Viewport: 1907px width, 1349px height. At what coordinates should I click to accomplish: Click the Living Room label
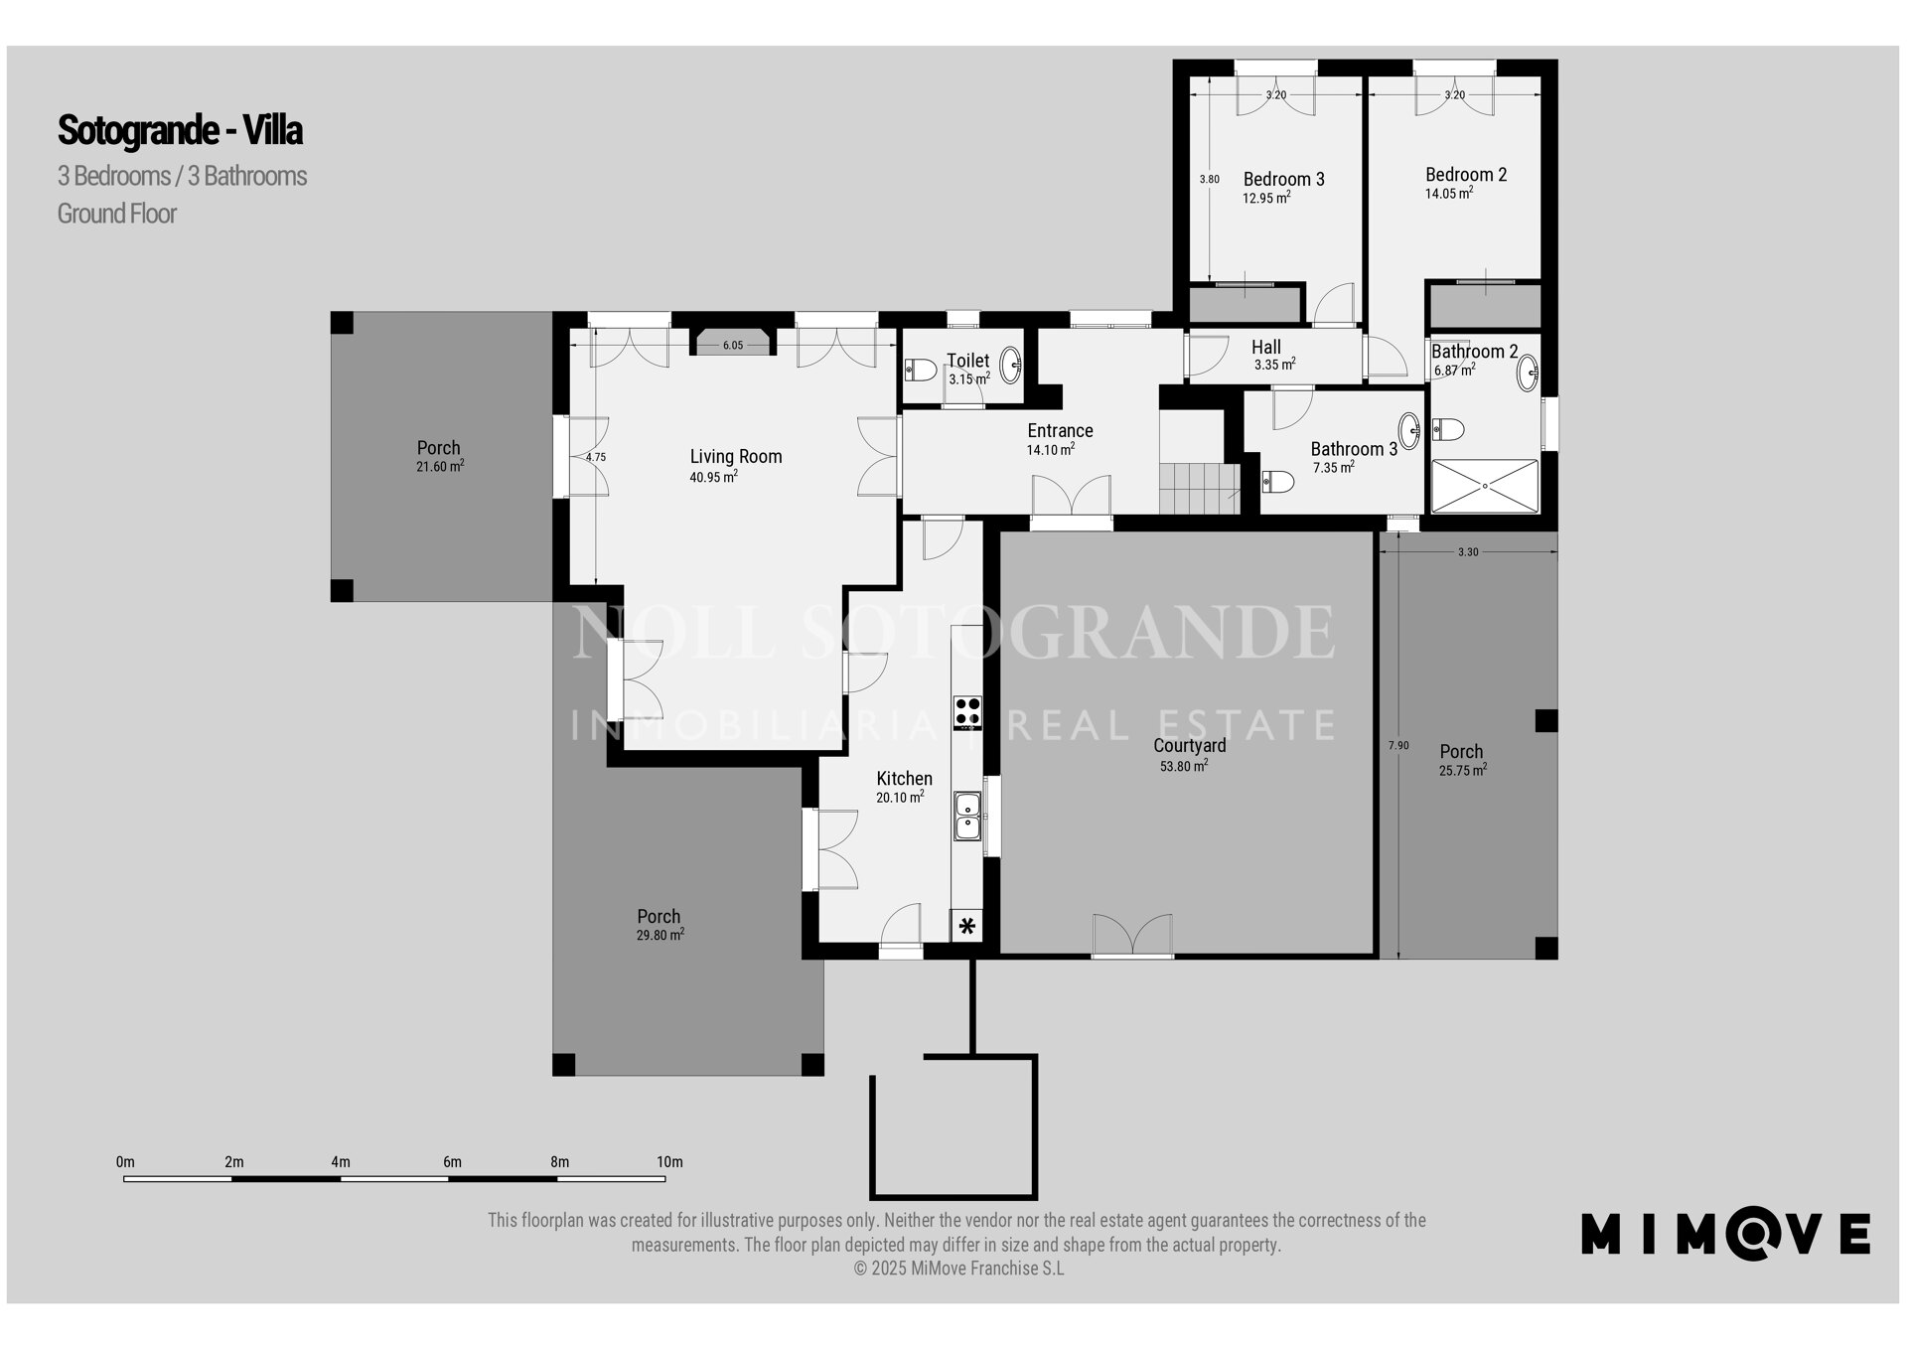[736, 457]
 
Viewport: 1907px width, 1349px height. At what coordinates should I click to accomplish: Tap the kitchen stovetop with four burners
[967, 712]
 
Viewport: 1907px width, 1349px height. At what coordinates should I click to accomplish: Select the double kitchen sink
[967, 816]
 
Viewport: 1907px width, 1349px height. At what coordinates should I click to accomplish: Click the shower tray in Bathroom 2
[1485, 486]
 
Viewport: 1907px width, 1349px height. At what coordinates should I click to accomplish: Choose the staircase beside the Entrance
[1200, 488]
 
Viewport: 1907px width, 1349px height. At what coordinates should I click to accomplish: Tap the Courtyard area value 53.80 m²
[1184, 766]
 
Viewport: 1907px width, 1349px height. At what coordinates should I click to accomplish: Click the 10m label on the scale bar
[669, 1162]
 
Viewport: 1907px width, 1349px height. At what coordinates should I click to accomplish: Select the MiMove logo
[1725, 1234]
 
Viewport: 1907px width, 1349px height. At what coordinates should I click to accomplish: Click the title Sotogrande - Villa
[180, 130]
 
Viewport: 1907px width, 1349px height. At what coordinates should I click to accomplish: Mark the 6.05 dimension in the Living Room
[732, 346]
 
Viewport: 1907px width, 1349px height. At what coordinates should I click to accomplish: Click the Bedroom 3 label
[1283, 180]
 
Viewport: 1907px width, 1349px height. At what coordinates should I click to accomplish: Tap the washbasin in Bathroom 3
[1409, 431]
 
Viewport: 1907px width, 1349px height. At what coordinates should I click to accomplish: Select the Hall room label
[1266, 347]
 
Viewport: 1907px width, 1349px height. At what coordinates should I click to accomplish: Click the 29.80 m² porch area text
[660, 935]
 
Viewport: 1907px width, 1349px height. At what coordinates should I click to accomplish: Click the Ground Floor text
[117, 214]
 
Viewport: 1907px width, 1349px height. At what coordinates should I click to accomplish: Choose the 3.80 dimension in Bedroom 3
[1209, 180]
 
